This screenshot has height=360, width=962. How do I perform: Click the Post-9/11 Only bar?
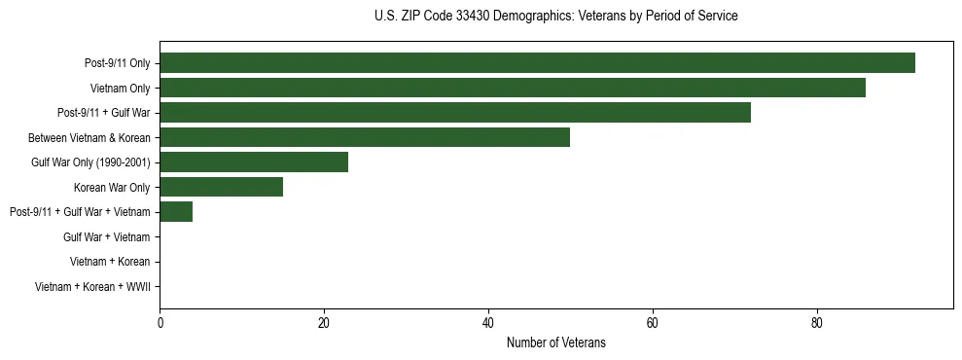click(537, 62)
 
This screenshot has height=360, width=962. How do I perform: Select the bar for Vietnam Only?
click(513, 88)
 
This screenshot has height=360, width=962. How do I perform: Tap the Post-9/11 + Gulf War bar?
click(455, 112)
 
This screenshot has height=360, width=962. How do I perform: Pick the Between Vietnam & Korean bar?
click(365, 137)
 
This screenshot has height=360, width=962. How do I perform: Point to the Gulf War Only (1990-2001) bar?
click(254, 162)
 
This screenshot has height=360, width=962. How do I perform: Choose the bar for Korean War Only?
click(221, 187)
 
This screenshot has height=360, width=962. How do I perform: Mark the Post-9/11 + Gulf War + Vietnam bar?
click(176, 211)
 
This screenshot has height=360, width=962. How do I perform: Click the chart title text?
click(555, 17)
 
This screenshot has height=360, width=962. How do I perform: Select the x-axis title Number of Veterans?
click(555, 342)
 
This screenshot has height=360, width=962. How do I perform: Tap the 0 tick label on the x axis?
click(160, 323)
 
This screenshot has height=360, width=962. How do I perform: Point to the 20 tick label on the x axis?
click(324, 323)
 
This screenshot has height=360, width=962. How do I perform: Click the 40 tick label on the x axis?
click(488, 323)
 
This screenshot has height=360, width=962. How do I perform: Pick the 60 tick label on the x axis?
click(653, 323)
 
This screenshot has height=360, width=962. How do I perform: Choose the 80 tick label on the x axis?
click(817, 323)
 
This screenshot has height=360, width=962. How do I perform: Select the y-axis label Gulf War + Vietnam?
click(106, 237)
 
